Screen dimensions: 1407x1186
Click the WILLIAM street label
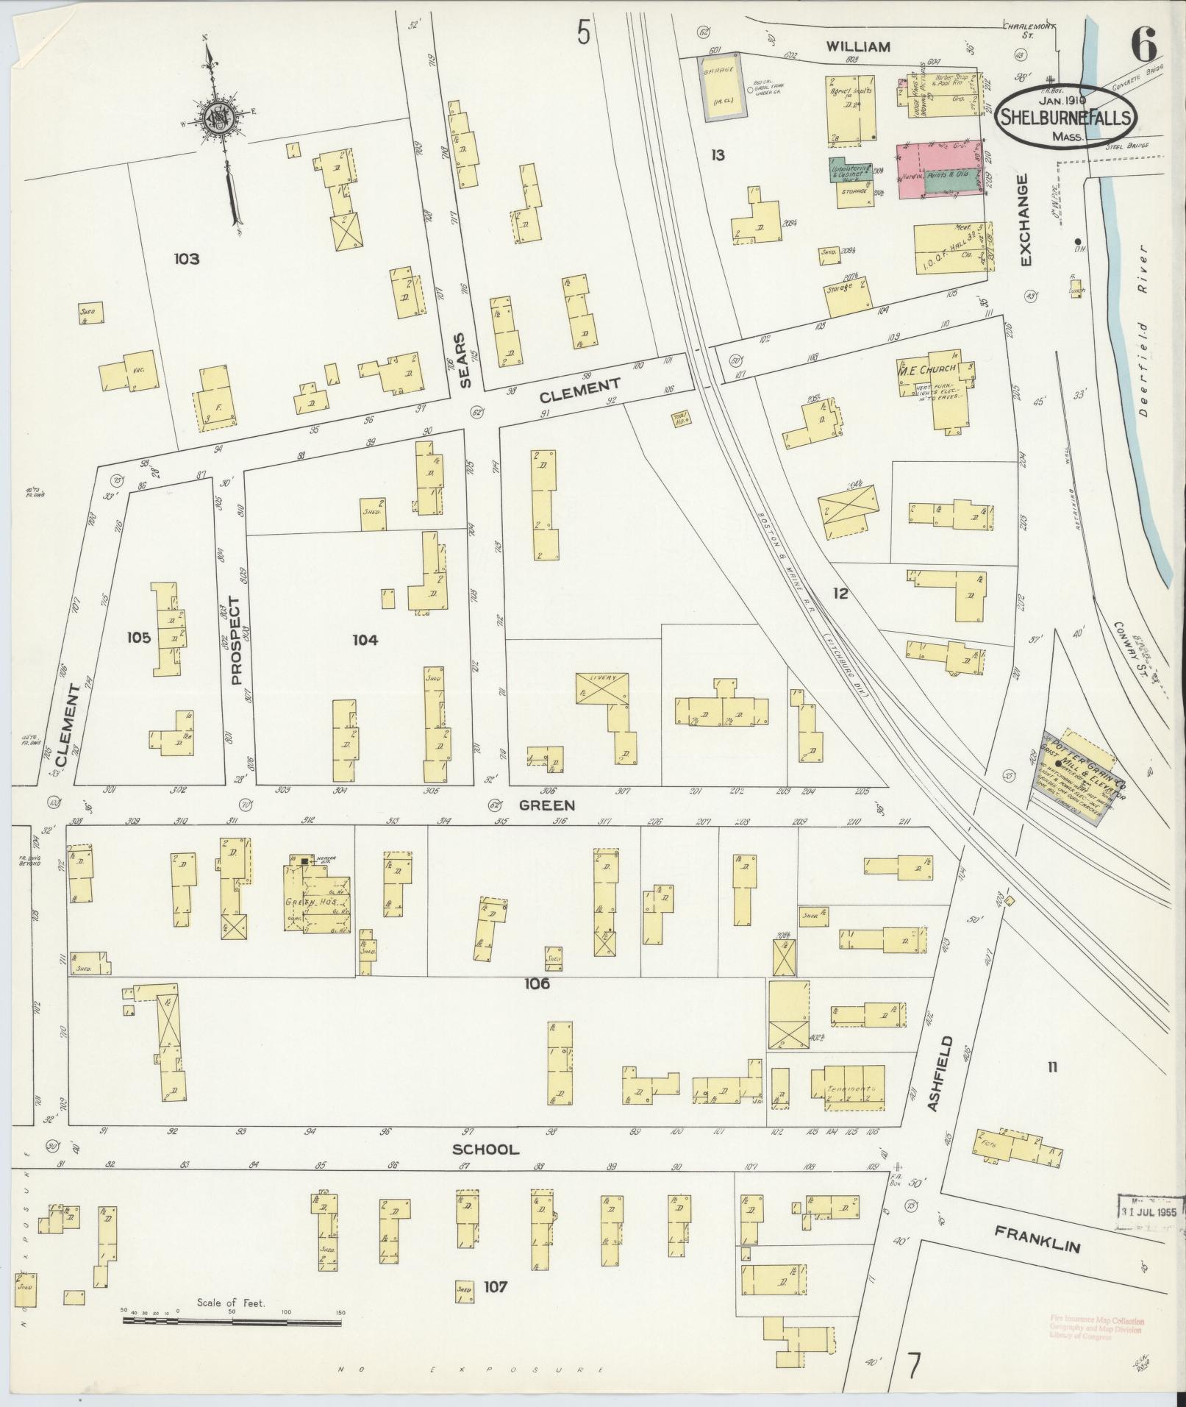[857, 46]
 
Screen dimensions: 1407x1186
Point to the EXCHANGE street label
[1026, 221]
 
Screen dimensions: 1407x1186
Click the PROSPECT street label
[236, 641]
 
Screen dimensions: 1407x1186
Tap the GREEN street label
[546, 805]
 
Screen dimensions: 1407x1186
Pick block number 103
[187, 259]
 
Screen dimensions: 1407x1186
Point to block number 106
[537, 984]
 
